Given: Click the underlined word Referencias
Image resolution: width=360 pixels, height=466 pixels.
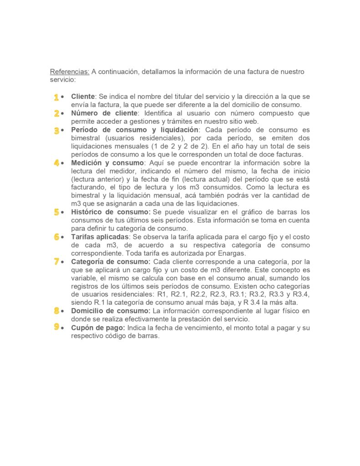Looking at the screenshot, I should click(69, 72).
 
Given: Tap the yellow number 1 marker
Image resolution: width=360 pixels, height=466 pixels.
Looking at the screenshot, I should click(56, 97).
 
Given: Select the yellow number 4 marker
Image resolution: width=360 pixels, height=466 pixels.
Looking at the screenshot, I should click(56, 163).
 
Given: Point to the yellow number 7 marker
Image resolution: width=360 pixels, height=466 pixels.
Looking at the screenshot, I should click(56, 262).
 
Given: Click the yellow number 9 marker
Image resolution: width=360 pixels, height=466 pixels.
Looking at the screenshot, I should click(56, 327).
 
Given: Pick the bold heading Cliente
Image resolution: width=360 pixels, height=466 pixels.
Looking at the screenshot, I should click(83, 97).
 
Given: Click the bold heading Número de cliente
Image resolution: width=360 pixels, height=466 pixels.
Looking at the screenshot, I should click(104, 113).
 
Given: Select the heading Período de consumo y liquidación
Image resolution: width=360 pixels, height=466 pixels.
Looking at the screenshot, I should click(135, 130).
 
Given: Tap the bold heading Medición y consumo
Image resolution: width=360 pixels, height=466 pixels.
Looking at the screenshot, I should click(107, 162).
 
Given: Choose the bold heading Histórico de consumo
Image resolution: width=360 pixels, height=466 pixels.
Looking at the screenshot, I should click(111, 212).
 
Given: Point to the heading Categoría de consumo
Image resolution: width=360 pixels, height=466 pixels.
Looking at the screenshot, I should click(111, 262).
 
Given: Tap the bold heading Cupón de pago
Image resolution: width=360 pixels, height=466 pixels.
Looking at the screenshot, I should click(98, 328).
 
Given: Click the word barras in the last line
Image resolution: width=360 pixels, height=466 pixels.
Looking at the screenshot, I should click(149, 336).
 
